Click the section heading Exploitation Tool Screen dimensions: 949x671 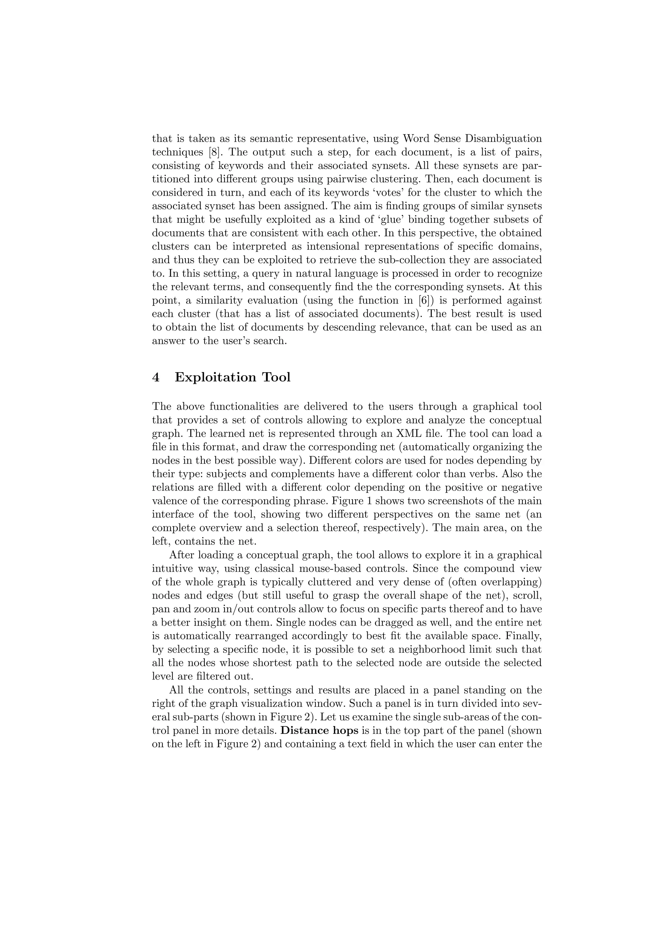[x=232, y=377]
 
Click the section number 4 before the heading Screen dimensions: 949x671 [x=156, y=377]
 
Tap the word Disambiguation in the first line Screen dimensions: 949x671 [x=503, y=139]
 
